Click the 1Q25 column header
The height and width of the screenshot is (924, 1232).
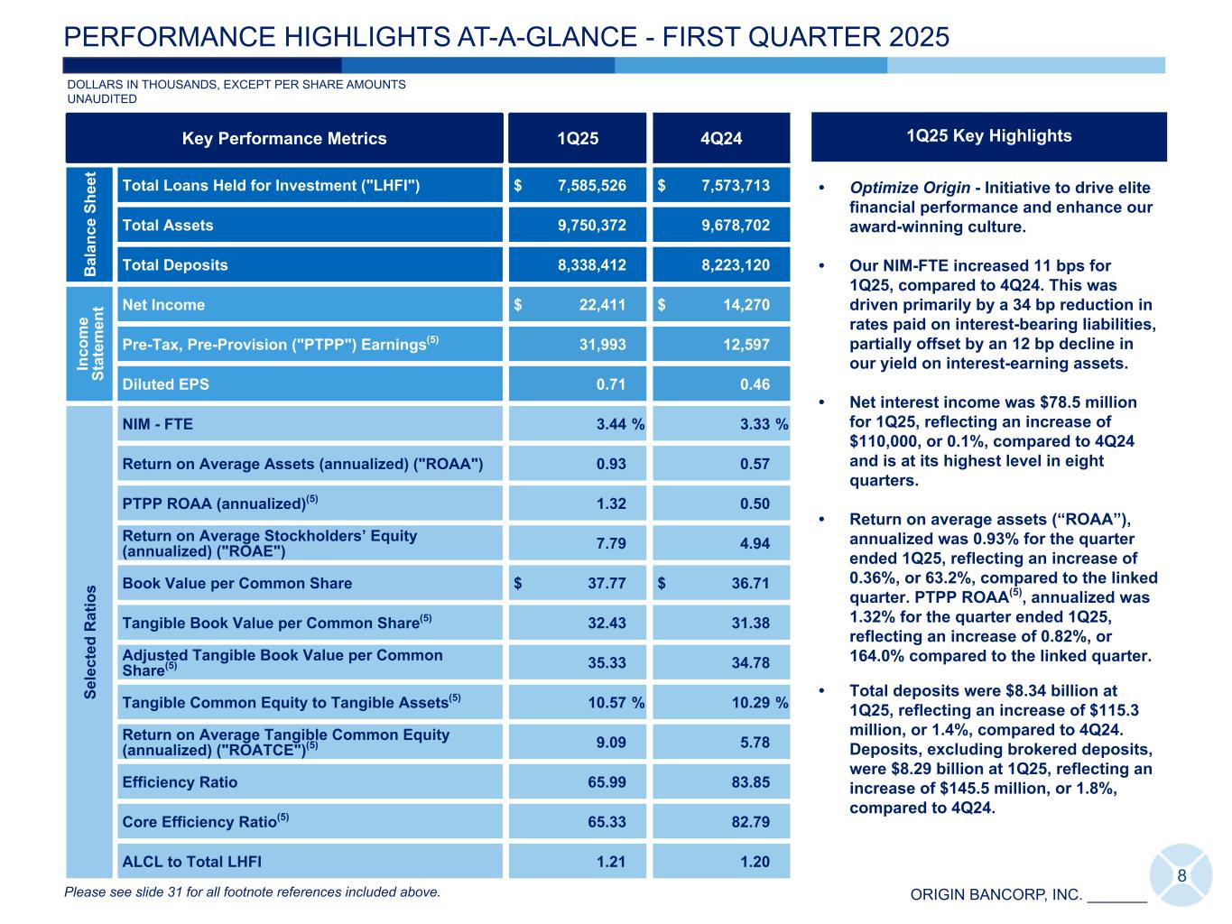click(578, 138)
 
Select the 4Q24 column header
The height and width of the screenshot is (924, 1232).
click(721, 138)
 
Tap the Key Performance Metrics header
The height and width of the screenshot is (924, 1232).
click(284, 138)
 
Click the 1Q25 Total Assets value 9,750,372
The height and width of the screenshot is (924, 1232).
click(591, 226)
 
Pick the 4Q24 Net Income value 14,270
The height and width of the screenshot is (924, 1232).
click(746, 305)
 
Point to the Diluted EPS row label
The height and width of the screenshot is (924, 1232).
click(165, 384)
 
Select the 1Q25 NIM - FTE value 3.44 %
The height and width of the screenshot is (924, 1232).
click(619, 424)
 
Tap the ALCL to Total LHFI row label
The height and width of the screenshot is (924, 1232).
click(191, 862)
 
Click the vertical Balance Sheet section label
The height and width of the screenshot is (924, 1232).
click(90, 223)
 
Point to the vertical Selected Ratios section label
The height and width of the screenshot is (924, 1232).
click(90, 642)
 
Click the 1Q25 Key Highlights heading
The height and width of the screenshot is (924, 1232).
click(989, 136)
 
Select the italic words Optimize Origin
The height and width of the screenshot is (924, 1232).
click(909, 188)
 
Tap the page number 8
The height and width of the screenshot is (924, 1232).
click(1181, 877)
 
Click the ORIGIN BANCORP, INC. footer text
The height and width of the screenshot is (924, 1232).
click(996, 895)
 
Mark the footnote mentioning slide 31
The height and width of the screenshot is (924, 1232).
click(253, 892)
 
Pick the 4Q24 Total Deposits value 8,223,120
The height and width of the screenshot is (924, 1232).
click(736, 265)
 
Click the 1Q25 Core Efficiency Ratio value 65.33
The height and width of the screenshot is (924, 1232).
click(607, 822)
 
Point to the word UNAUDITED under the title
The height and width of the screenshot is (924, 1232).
click(102, 99)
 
